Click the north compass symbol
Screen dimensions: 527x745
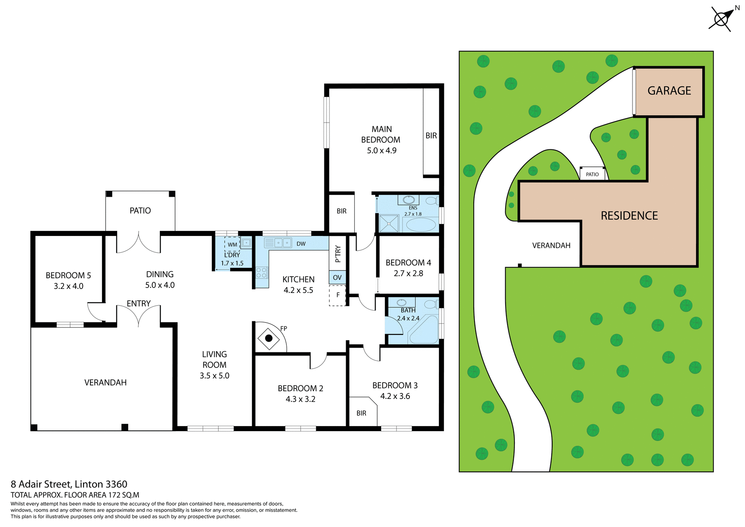(x=721, y=19)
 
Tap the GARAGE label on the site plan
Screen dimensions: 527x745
(x=669, y=91)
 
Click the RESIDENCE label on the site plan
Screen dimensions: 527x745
(x=629, y=216)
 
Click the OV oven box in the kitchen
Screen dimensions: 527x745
(x=337, y=277)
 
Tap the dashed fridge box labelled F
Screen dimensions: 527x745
(x=337, y=295)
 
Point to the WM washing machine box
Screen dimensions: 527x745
(x=232, y=244)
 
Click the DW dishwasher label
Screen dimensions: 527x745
(x=301, y=244)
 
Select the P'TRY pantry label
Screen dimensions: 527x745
(x=338, y=254)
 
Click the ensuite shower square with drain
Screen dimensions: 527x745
(x=389, y=224)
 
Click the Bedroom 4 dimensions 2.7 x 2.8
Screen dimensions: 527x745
(x=408, y=273)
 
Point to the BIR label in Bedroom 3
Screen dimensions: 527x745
(x=361, y=413)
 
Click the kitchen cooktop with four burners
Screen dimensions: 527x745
(x=262, y=272)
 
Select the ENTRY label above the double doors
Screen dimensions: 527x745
(x=139, y=303)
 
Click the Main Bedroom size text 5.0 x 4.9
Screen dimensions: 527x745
(x=381, y=151)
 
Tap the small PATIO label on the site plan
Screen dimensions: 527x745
(x=592, y=174)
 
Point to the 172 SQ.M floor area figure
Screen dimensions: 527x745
(x=123, y=495)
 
